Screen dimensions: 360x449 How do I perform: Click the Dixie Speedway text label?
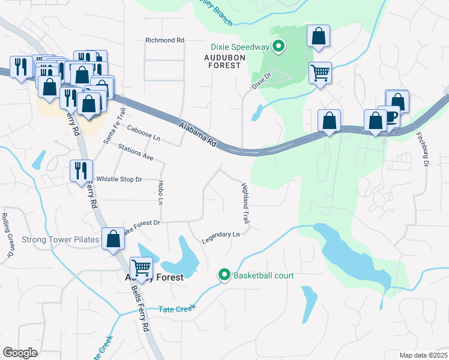[x=240, y=46]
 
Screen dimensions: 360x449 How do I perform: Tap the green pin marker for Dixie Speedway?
[x=279, y=46]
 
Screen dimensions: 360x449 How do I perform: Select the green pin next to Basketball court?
[x=224, y=275]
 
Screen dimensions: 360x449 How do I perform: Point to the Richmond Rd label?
[x=164, y=40]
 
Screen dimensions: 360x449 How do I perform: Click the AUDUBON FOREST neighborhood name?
[x=221, y=61]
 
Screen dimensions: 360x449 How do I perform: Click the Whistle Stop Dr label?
[x=119, y=179]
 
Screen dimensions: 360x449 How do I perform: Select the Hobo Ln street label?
[x=160, y=193]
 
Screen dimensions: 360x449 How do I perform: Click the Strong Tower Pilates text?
[x=60, y=240]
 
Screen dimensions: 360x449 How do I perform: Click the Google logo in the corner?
[x=20, y=353]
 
